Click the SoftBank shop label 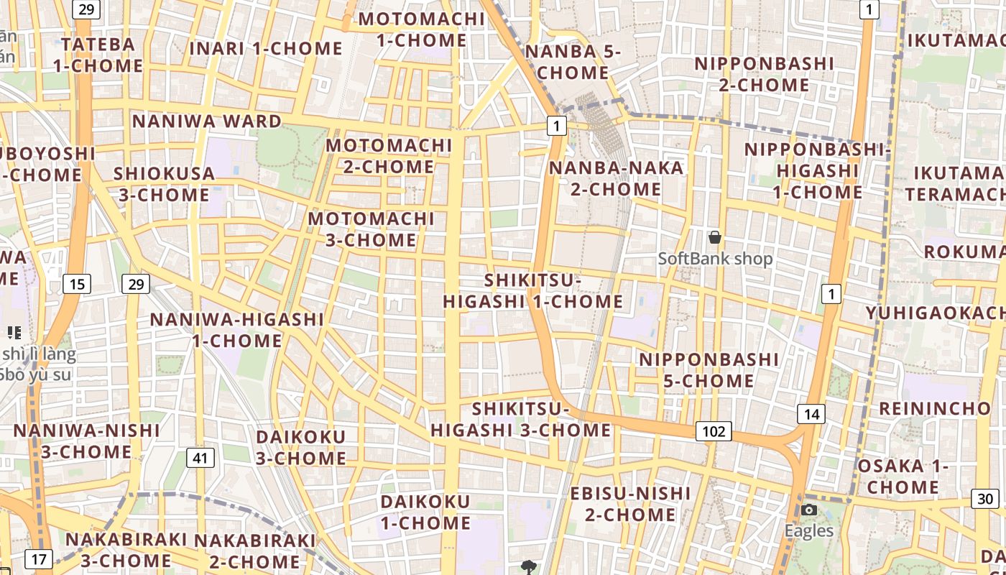[715, 259]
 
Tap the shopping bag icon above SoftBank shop [715, 236]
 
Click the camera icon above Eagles [809, 510]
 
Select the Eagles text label [809, 531]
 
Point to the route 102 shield [714, 431]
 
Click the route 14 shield [811, 414]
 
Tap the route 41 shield [200, 457]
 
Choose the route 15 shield [77, 284]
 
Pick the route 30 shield [985, 499]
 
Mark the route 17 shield [38, 558]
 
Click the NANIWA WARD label [207, 121]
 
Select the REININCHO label [935, 408]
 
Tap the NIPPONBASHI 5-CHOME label [709, 369]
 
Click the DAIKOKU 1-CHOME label [425, 512]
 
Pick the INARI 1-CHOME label [266, 49]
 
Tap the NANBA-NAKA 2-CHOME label [616, 178]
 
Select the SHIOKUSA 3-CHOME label [164, 184]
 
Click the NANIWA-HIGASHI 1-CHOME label [236, 330]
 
